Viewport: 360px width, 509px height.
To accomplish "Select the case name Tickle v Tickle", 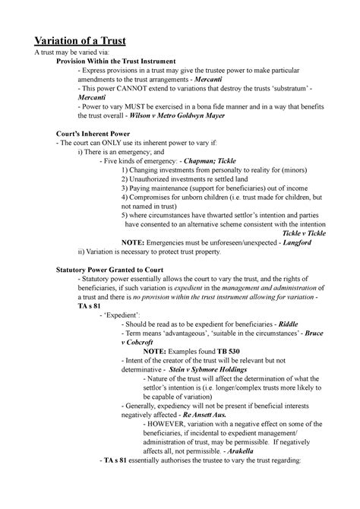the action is click(x=304, y=233).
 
